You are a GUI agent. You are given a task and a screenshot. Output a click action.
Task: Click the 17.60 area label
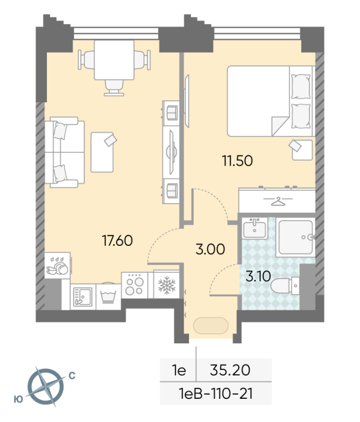[x=117, y=241]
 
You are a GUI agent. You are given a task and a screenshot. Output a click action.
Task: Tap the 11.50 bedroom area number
[x=237, y=161]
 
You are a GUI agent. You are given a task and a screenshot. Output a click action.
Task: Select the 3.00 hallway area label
[x=210, y=249]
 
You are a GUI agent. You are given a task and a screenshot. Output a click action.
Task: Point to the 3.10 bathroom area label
[x=258, y=276]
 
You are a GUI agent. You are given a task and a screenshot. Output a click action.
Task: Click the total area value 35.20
[x=230, y=370]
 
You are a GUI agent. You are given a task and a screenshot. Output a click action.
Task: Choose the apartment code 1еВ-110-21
[x=216, y=394]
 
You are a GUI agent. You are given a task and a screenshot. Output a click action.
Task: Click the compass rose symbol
[x=46, y=387]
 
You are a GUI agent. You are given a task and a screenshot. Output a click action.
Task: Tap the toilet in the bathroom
[x=285, y=286]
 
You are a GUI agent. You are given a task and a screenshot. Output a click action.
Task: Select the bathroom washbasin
[x=254, y=228]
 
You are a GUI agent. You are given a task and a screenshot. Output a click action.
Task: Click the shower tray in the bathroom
[x=296, y=237]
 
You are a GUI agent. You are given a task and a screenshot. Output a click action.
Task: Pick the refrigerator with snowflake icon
[x=166, y=285]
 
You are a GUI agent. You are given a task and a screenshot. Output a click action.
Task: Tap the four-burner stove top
[x=135, y=285]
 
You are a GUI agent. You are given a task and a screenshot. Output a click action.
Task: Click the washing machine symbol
[x=108, y=296]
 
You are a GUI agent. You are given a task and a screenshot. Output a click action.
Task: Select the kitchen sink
[x=83, y=296]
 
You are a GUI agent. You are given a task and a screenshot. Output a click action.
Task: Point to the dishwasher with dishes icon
[x=58, y=265]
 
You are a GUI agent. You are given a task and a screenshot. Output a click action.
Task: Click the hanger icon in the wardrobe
[x=278, y=202]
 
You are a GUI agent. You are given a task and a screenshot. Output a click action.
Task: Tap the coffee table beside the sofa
[x=102, y=152]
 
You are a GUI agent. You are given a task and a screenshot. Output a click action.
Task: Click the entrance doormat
[x=211, y=325]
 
